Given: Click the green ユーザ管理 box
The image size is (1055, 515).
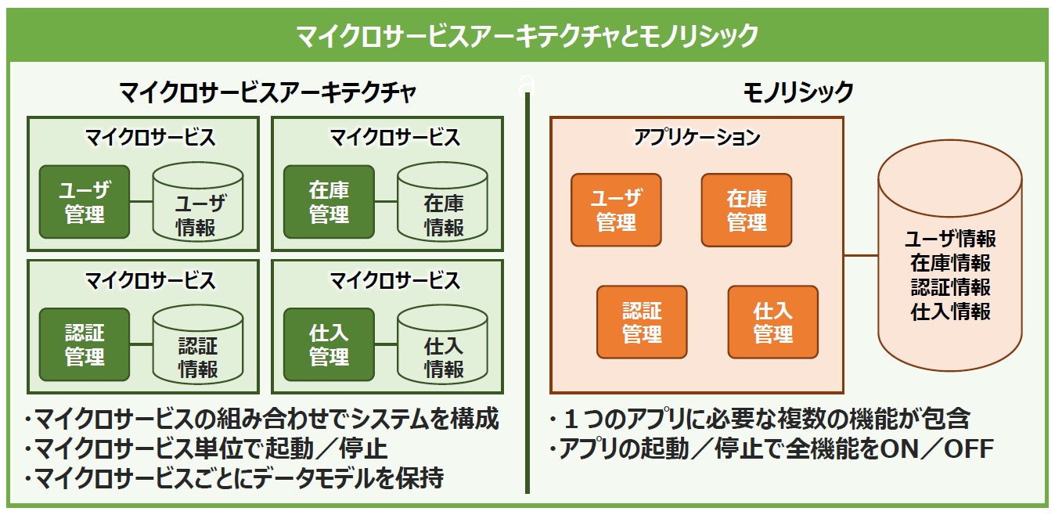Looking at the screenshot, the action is pos(85,202).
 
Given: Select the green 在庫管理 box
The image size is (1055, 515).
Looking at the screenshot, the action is pos(329,202).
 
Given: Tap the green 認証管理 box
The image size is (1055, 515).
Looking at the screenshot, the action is pos(85,344).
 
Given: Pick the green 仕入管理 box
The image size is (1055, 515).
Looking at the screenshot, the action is pos(329,344).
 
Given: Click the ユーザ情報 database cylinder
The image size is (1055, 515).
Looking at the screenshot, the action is pos(198,202).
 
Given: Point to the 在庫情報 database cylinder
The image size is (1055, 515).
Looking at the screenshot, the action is pos(442,202).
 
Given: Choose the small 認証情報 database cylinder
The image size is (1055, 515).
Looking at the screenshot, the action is pos(198,344).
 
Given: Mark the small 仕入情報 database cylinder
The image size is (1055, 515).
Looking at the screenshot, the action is pos(442,344).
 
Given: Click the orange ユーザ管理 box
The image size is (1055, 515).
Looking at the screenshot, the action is pos(616,210).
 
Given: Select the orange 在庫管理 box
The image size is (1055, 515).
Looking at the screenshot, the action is pos(747,210).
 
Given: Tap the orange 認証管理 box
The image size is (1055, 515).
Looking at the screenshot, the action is pos(642,322).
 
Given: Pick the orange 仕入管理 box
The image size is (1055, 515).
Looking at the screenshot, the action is pos(773,322).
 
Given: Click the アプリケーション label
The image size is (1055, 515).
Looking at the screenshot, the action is pos(697,137).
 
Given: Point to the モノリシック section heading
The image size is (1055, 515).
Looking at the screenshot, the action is pos(798,92).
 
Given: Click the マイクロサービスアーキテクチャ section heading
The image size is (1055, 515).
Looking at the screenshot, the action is pos(268,92).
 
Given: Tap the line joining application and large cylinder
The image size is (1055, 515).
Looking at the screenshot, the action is pos(861,255).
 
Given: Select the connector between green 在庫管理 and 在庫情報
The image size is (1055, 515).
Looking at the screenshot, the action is pos(386,202).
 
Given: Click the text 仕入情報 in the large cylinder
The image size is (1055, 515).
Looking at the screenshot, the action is pos(950,312).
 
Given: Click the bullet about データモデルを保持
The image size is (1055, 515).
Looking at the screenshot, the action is pos(235,477).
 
